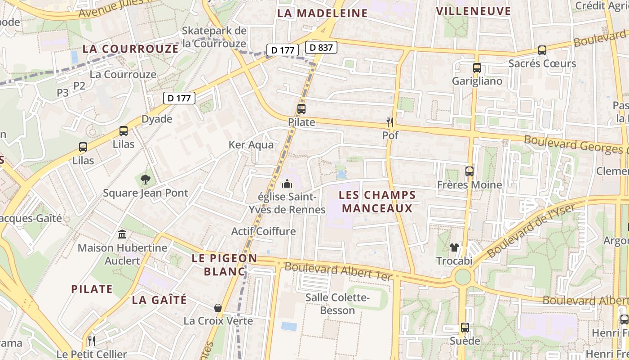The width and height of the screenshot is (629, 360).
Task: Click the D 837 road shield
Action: tap(321, 47)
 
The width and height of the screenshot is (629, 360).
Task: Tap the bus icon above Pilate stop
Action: tap(301, 109)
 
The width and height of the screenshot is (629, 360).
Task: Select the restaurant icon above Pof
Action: tap(390, 122)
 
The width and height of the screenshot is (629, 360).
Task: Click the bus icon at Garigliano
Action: tap(477, 68)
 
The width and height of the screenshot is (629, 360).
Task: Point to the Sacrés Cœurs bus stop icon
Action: tap(542, 50)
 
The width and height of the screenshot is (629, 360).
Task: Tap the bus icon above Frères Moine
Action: tap(470, 171)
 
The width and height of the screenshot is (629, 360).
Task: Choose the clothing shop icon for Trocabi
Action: tap(454, 247)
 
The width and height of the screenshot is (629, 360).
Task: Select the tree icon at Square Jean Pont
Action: tap(145, 180)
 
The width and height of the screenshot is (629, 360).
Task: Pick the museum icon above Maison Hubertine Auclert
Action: tap(122, 234)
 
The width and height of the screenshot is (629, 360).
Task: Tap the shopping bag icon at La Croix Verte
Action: tap(218, 308)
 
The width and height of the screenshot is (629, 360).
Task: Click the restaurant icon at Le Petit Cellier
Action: tap(92, 340)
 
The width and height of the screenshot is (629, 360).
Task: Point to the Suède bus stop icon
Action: tap(465, 328)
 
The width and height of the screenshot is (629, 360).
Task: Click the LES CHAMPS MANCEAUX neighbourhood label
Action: tap(377, 202)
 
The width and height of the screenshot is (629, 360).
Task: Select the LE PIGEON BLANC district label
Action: tap(224, 265)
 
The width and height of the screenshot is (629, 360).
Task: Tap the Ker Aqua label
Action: tap(251, 145)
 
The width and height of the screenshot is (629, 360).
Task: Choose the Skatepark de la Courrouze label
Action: tap(214, 37)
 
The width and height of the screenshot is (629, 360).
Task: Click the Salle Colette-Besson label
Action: tap(337, 304)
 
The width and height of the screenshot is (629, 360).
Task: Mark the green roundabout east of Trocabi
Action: tap(462, 277)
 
